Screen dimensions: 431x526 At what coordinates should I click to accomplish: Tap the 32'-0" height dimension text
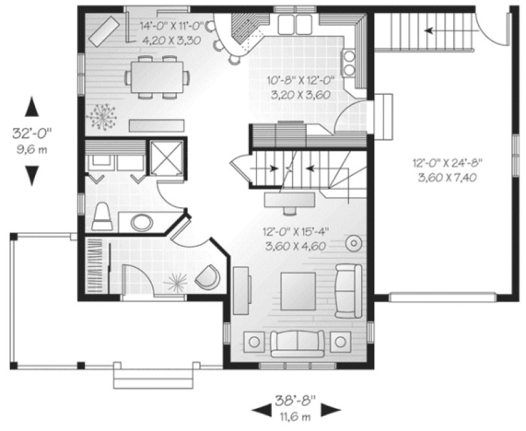click(x=32, y=134)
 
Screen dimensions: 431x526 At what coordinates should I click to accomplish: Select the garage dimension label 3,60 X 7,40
click(x=445, y=177)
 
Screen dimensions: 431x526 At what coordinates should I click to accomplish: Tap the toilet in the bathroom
click(x=102, y=217)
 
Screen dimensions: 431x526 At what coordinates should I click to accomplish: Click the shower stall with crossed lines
click(x=167, y=157)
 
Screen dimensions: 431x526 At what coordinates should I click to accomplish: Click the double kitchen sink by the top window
click(x=294, y=25)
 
